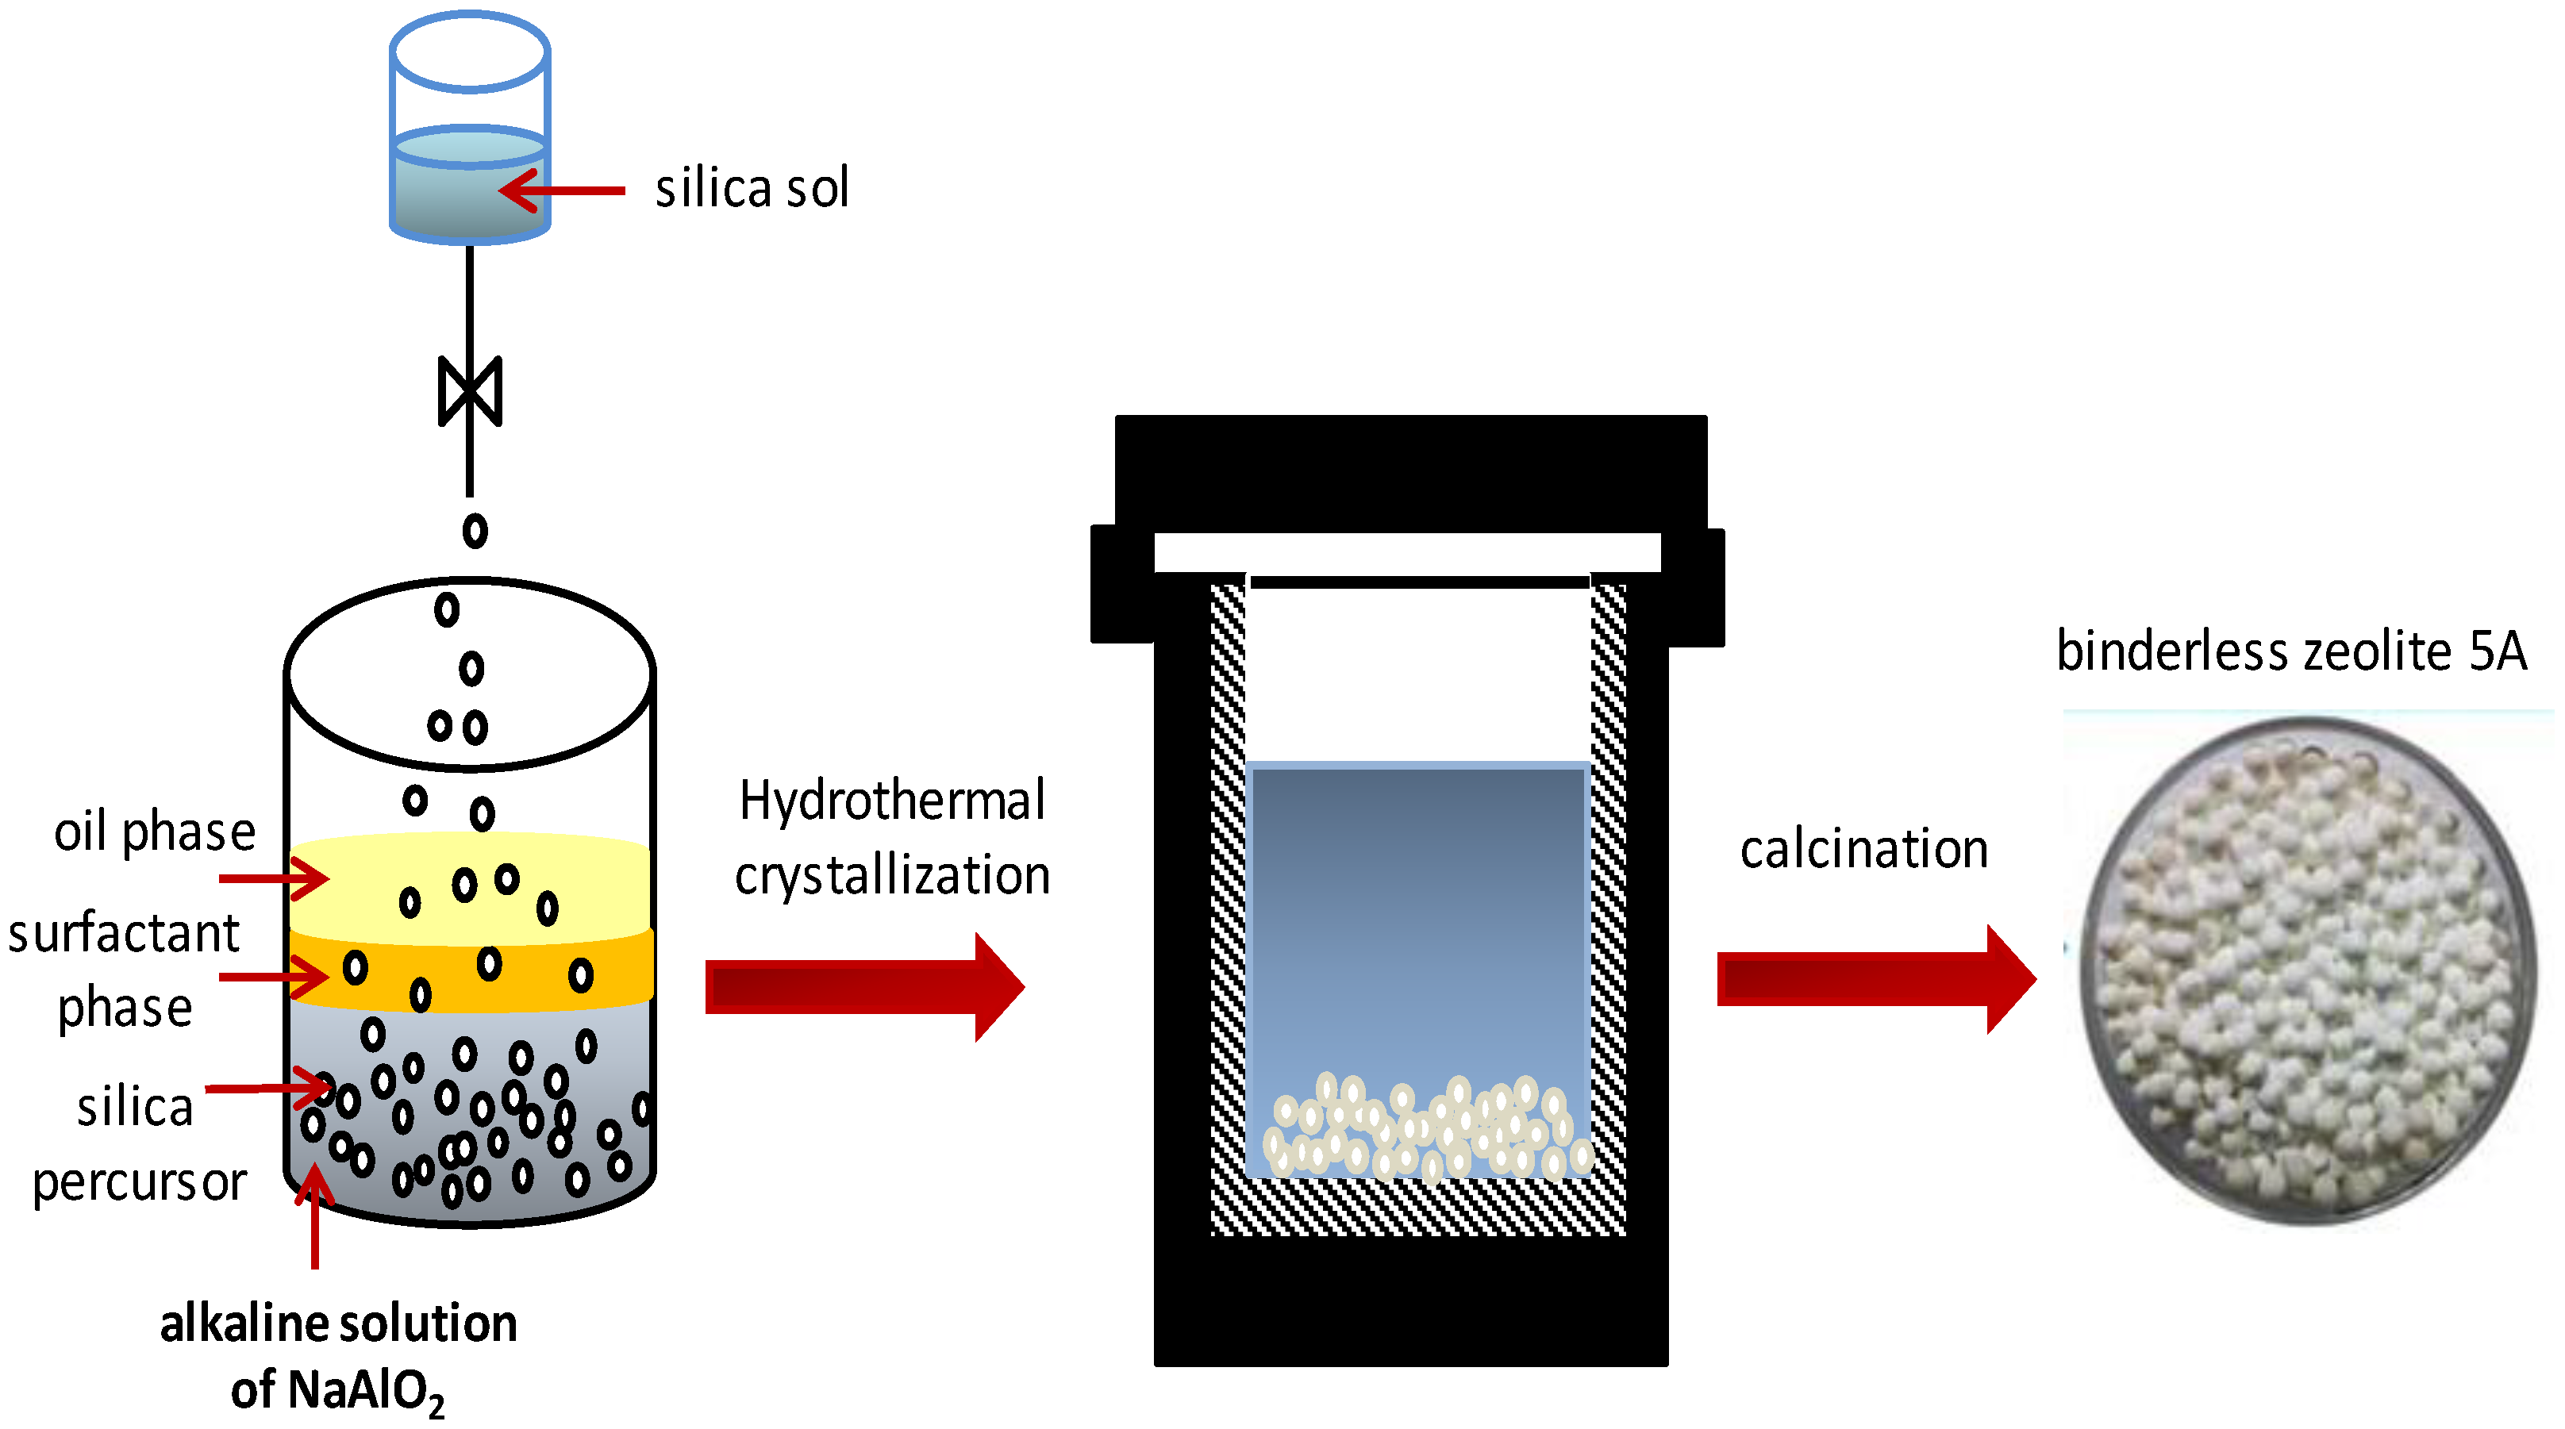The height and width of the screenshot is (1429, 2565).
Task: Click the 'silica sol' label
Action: click(x=752, y=188)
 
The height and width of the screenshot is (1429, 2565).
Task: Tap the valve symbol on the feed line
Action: click(x=470, y=390)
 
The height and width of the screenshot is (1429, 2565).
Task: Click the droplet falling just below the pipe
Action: click(x=475, y=531)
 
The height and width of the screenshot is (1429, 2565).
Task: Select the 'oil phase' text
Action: click(x=154, y=832)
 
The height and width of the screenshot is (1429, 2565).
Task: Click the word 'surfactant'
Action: click(x=124, y=934)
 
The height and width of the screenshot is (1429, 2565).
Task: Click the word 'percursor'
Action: click(x=140, y=1182)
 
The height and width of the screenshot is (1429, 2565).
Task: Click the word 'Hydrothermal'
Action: click(x=892, y=800)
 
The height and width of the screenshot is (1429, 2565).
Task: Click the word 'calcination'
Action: click(x=1863, y=850)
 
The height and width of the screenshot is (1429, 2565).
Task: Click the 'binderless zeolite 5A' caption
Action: click(x=2291, y=651)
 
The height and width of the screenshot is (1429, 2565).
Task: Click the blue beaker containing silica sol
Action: click(x=470, y=129)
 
